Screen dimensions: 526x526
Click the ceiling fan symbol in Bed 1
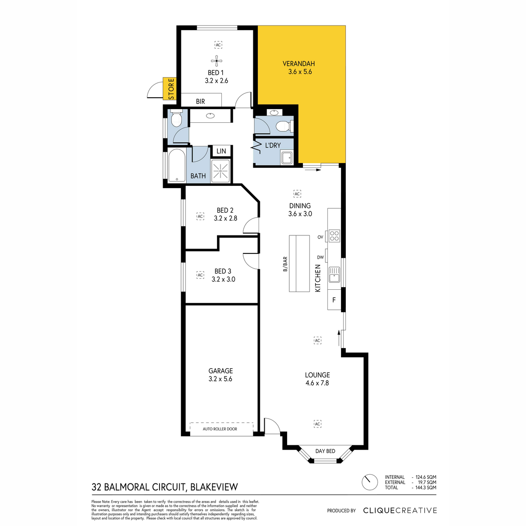click(217, 61)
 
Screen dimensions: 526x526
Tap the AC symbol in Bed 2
click(200, 217)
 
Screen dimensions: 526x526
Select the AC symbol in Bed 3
click(200, 275)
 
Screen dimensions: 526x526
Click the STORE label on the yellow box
click(171, 89)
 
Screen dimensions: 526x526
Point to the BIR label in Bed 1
click(200, 102)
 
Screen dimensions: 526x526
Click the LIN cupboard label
click(221, 151)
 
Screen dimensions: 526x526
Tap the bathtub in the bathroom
click(177, 165)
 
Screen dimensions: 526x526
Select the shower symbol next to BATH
click(220, 171)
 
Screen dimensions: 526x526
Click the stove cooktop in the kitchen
click(334, 236)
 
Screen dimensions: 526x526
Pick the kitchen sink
click(334, 274)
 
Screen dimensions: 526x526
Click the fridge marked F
click(334, 300)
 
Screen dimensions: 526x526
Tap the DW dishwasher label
click(320, 257)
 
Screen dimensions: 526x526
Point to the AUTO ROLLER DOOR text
click(220, 429)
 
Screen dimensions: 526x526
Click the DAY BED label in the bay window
click(325, 451)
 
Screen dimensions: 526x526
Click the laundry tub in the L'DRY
click(287, 158)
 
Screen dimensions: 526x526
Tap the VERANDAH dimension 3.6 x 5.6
click(300, 72)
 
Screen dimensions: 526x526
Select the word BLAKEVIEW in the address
click(214, 487)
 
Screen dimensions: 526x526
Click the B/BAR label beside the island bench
click(285, 264)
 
